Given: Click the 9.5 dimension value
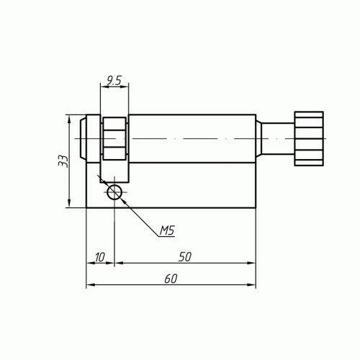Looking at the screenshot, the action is click(114, 81).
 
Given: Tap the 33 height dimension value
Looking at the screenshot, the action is click(63, 161).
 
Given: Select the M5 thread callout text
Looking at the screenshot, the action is click(167, 230).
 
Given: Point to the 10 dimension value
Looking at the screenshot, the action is click(99, 257).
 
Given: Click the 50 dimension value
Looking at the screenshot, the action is click(185, 257).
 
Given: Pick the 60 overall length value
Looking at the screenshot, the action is click(171, 279).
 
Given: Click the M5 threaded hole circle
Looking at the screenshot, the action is click(114, 192).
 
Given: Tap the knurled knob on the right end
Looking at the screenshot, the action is click(309, 138).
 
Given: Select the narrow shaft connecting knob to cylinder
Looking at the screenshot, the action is click(278, 138).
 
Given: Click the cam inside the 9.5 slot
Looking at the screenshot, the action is click(114, 138).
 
